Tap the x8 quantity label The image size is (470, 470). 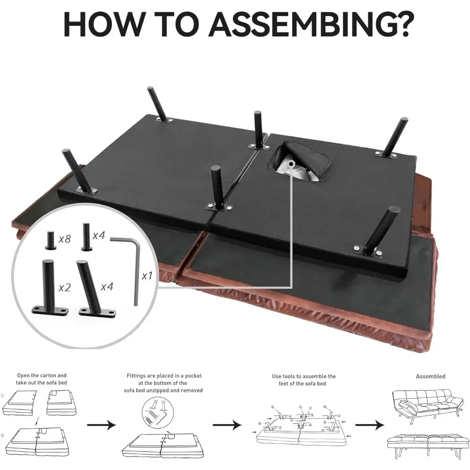(64, 239)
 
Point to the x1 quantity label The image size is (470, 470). (147, 276)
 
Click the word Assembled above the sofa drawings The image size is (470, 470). (431, 376)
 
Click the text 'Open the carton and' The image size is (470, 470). (42, 376)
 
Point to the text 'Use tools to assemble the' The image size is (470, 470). (304, 376)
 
